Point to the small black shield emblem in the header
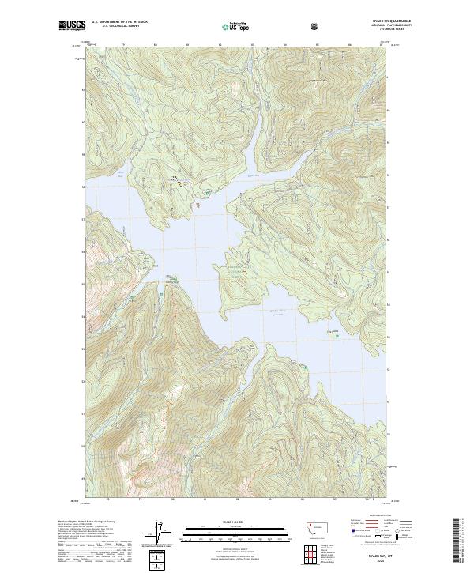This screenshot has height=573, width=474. tap(316, 26)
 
